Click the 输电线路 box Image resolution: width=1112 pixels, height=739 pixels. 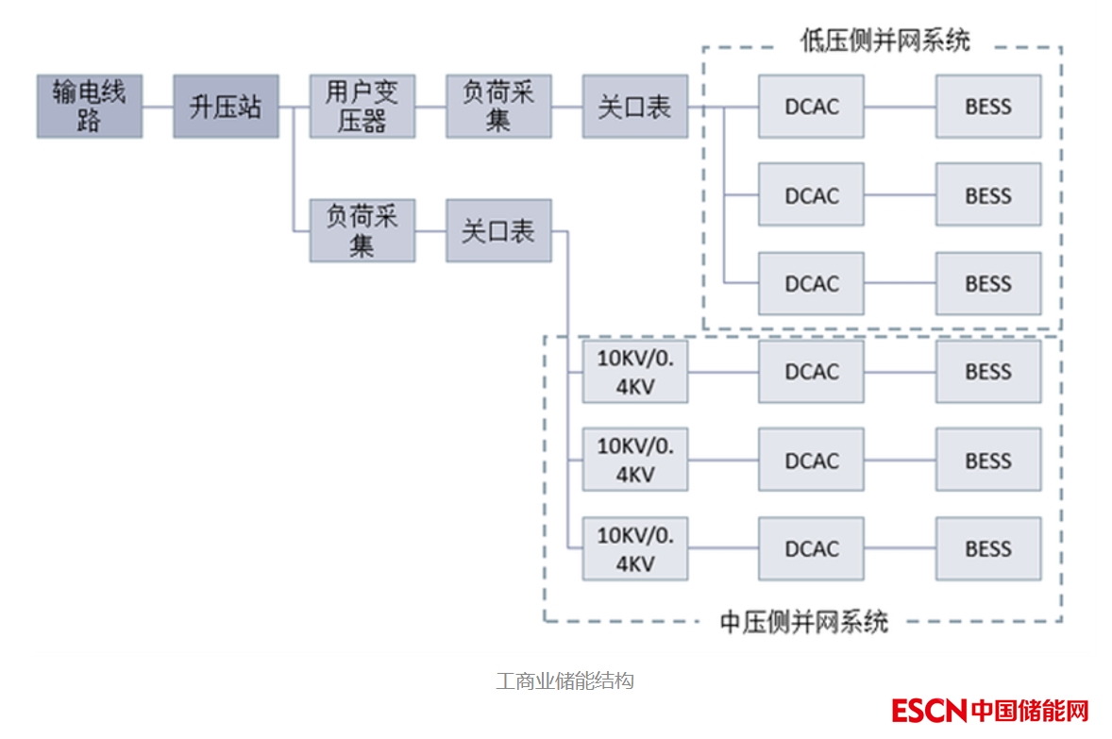90,107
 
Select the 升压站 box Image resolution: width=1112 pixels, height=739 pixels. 226,107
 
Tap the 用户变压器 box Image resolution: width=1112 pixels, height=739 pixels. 362,107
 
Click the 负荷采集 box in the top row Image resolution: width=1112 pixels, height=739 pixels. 498,107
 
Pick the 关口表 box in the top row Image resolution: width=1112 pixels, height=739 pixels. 634,107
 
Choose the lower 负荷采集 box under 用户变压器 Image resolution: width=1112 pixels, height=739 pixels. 362,231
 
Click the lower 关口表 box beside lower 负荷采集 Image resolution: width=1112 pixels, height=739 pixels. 498,231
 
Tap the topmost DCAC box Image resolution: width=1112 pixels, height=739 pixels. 811,107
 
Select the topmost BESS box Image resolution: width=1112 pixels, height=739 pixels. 988,107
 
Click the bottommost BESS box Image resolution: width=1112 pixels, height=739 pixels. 988,548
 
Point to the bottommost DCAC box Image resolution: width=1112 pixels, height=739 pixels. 811,548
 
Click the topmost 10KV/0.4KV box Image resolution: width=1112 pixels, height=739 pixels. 634,372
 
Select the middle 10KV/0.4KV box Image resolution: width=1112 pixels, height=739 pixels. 634,461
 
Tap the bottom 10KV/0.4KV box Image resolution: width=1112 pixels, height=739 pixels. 634,548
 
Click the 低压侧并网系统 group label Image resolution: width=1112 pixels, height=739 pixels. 885,41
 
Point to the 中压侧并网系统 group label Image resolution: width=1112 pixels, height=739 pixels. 804,622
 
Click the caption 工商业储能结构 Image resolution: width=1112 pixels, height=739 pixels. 564,680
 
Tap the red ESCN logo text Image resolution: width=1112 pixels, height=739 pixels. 929,710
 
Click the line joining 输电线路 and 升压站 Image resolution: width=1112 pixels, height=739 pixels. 158,107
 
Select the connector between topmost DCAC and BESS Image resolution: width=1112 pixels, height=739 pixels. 900,107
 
